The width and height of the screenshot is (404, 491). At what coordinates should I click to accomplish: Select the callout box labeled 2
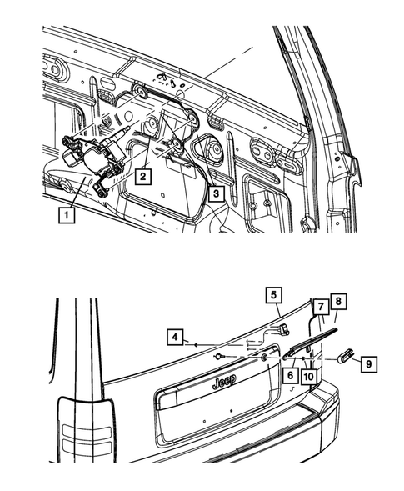[x=143, y=176]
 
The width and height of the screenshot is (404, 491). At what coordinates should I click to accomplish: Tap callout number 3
[x=215, y=195]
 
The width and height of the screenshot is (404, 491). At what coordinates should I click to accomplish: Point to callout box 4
[x=174, y=338]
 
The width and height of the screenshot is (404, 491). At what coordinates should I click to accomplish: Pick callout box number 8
[x=337, y=300]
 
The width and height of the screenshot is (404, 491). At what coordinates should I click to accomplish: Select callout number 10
[x=307, y=376]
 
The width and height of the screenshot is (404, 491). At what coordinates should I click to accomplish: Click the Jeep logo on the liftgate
[x=223, y=382]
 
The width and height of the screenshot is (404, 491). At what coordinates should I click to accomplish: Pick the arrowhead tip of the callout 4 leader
[x=193, y=343]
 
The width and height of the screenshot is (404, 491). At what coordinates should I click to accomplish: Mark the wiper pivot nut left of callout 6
[x=263, y=358]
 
